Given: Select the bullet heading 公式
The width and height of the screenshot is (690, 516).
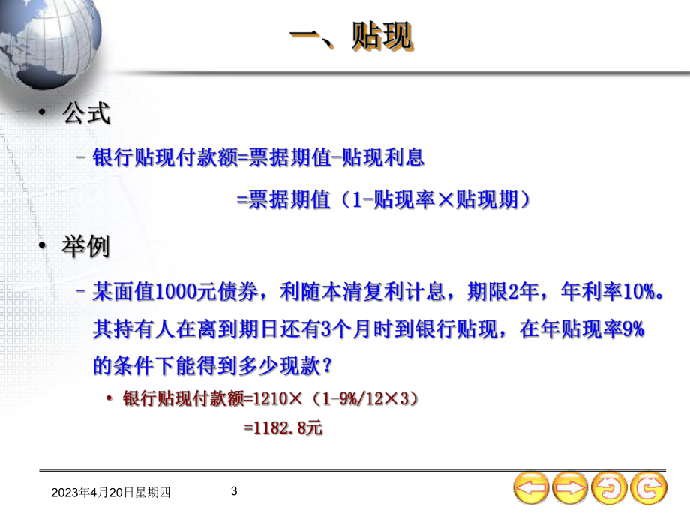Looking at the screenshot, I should (86, 114).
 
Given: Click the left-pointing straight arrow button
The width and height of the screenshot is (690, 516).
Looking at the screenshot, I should (531, 489).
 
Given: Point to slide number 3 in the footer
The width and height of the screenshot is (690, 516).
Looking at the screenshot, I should (234, 491).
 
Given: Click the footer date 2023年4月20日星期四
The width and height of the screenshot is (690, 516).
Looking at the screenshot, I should (112, 493).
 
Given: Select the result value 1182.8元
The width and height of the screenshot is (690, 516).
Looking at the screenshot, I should (284, 429).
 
